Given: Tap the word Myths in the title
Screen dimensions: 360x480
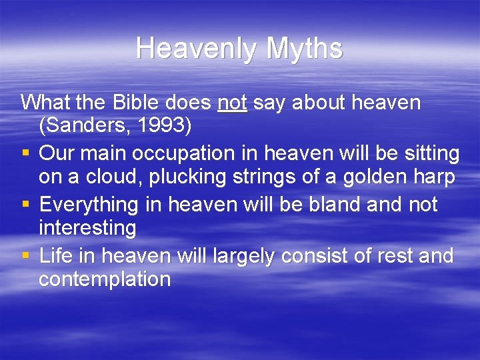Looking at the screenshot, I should click(x=305, y=49).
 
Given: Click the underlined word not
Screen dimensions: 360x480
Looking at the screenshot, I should click(x=232, y=103).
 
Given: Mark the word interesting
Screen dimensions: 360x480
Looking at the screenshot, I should click(x=87, y=228).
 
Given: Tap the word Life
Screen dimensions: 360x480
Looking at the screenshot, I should click(x=58, y=255).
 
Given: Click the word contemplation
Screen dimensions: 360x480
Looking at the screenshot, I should click(x=105, y=279).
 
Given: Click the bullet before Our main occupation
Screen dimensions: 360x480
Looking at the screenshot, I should click(x=25, y=155).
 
